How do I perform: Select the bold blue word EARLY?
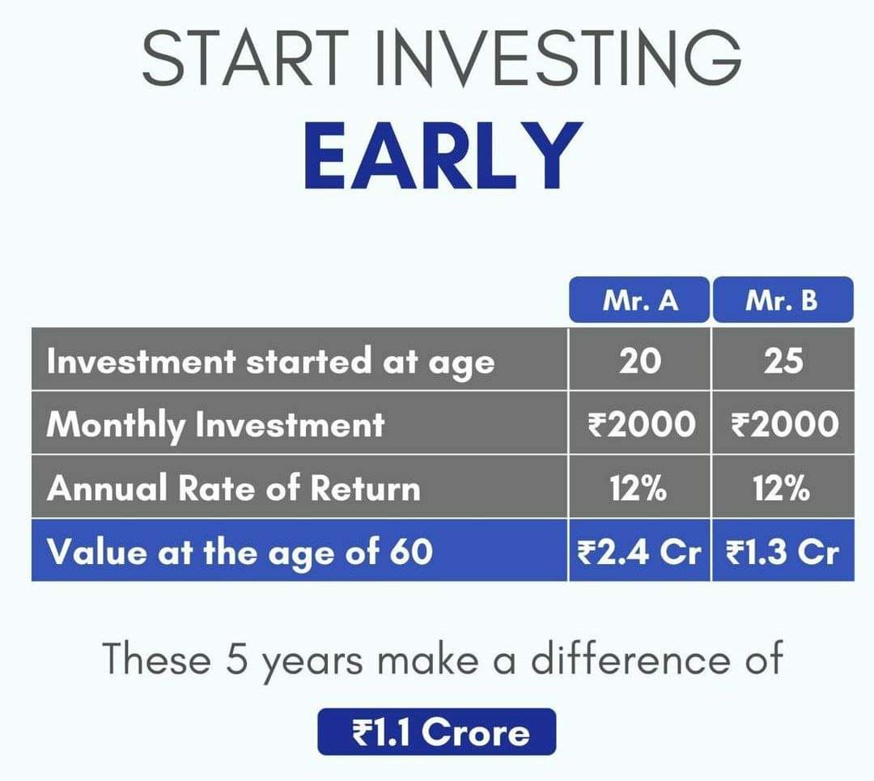[x=443, y=155]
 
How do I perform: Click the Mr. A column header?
[x=639, y=300]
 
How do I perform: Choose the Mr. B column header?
[x=783, y=300]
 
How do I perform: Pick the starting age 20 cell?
[x=639, y=359]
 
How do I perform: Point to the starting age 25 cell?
[x=783, y=359]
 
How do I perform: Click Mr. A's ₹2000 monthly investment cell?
[x=640, y=423]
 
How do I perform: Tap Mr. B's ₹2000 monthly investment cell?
[x=784, y=423]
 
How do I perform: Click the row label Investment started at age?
[x=271, y=362]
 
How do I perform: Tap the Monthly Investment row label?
[x=216, y=426]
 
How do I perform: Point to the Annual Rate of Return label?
[x=234, y=488]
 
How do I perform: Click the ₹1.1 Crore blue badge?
[x=437, y=732]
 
